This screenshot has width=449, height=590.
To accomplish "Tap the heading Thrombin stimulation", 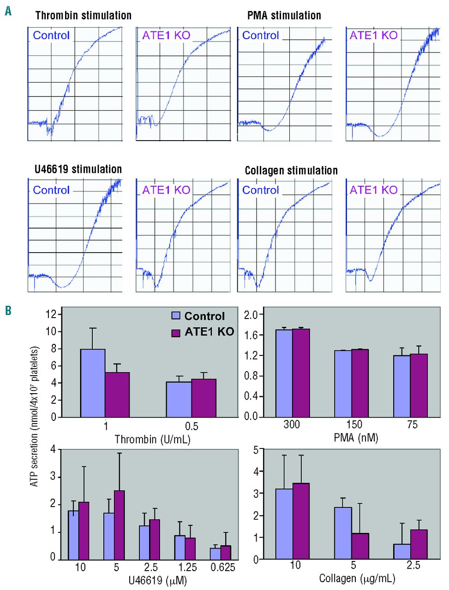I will (x=83, y=15).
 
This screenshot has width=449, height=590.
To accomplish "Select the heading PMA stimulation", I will (x=284, y=15).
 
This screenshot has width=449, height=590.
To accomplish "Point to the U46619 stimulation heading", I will (x=78, y=169).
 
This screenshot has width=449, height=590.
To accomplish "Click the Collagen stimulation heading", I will (x=291, y=171).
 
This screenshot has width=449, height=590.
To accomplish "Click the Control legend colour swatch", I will (x=176, y=316).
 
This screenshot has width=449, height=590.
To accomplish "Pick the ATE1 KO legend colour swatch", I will (x=176, y=332).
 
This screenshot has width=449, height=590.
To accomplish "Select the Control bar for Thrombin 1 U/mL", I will (x=93, y=383).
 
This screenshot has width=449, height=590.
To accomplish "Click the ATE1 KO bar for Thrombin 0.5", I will (x=204, y=398).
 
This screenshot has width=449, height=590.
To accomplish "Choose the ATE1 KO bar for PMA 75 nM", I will (x=419, y=385).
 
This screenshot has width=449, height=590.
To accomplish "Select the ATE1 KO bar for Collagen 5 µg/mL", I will (x=360, y=546).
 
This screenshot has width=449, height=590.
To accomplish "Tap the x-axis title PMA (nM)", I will (x=356, y=437).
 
